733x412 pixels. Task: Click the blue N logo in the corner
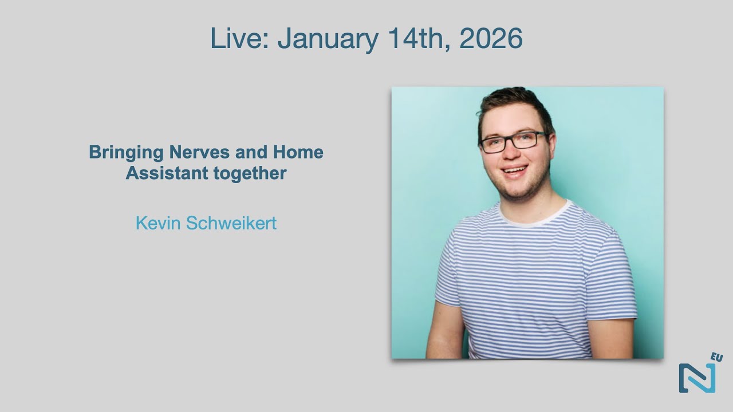[697, 378]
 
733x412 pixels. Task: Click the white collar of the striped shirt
[535, 213]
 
